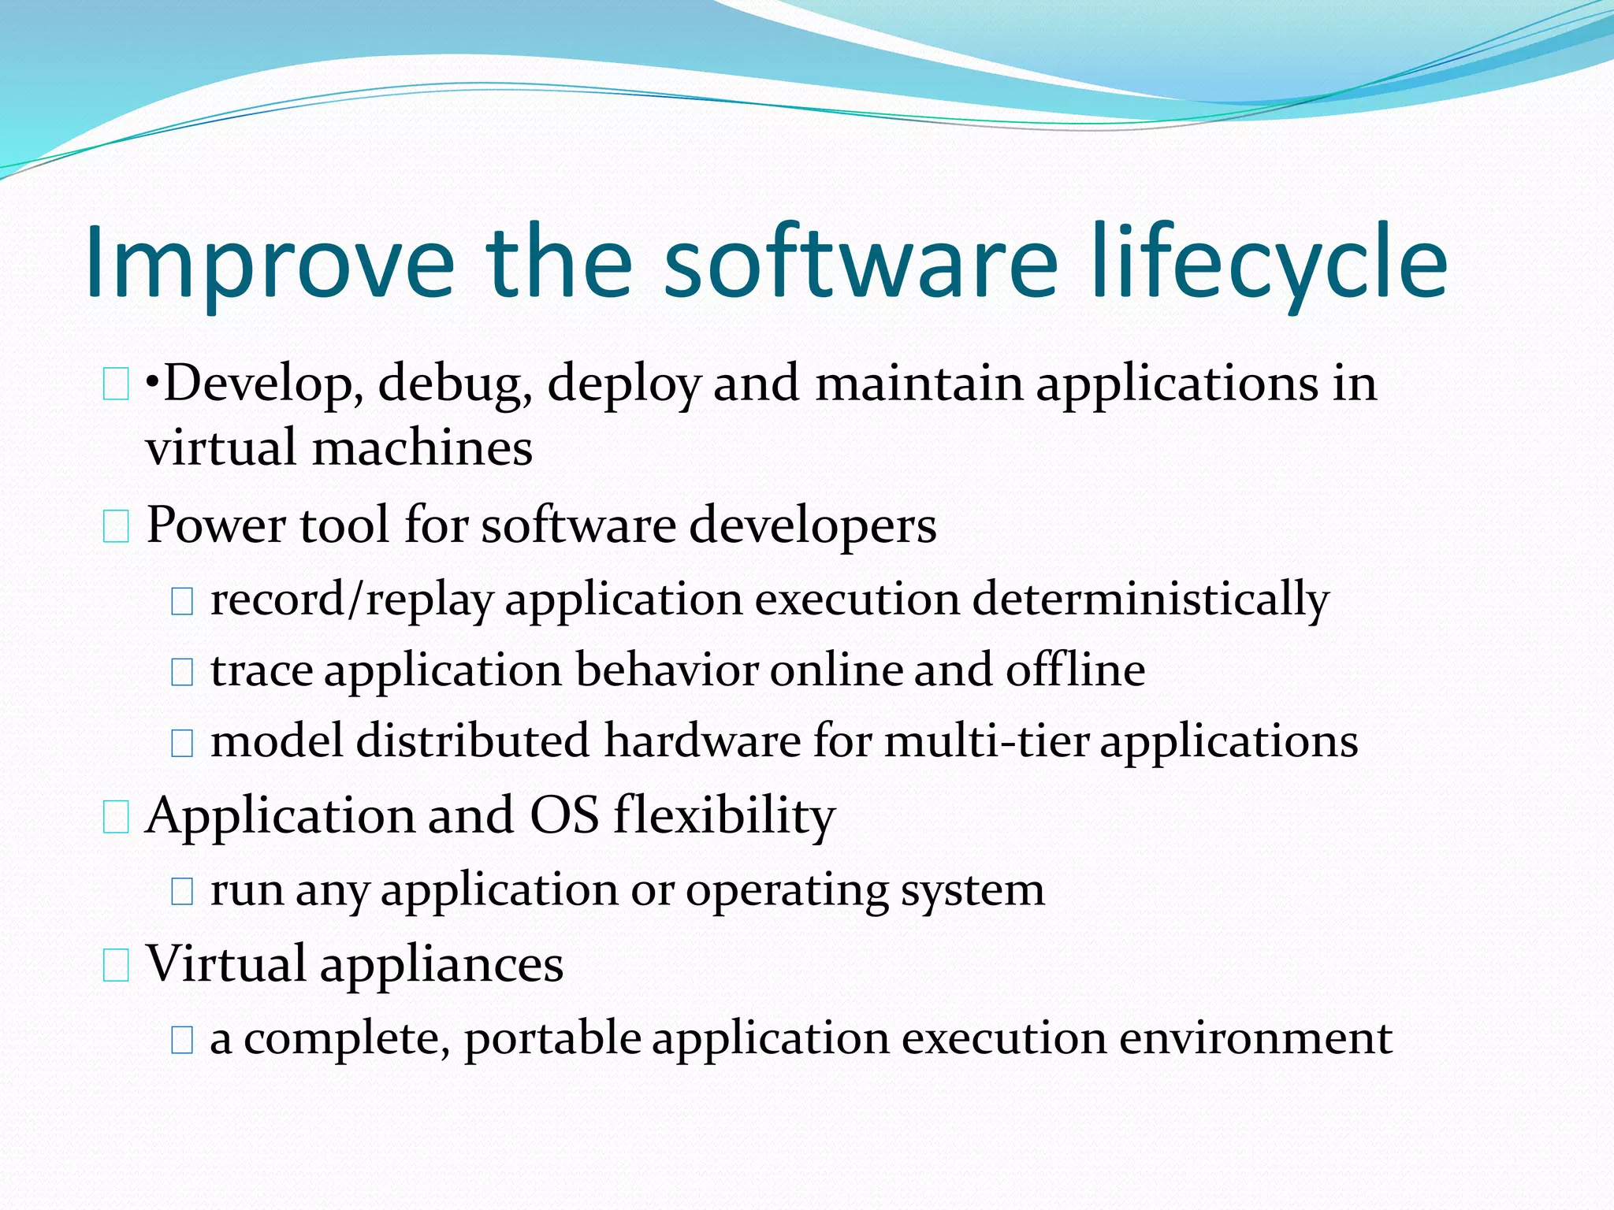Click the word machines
pyautogui.click(x=422, y=448)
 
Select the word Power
pyautogui.click(x=214, y=525)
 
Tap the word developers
pyautogui.click(x=813, y=526)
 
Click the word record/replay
pyautogui.click(x=351, y=600)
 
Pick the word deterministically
pyautogui.click(x=1151, y=600)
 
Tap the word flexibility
pyautogui.click(x=724, y=815)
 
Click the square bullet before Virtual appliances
pyautogui.click(x=116, y=966)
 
